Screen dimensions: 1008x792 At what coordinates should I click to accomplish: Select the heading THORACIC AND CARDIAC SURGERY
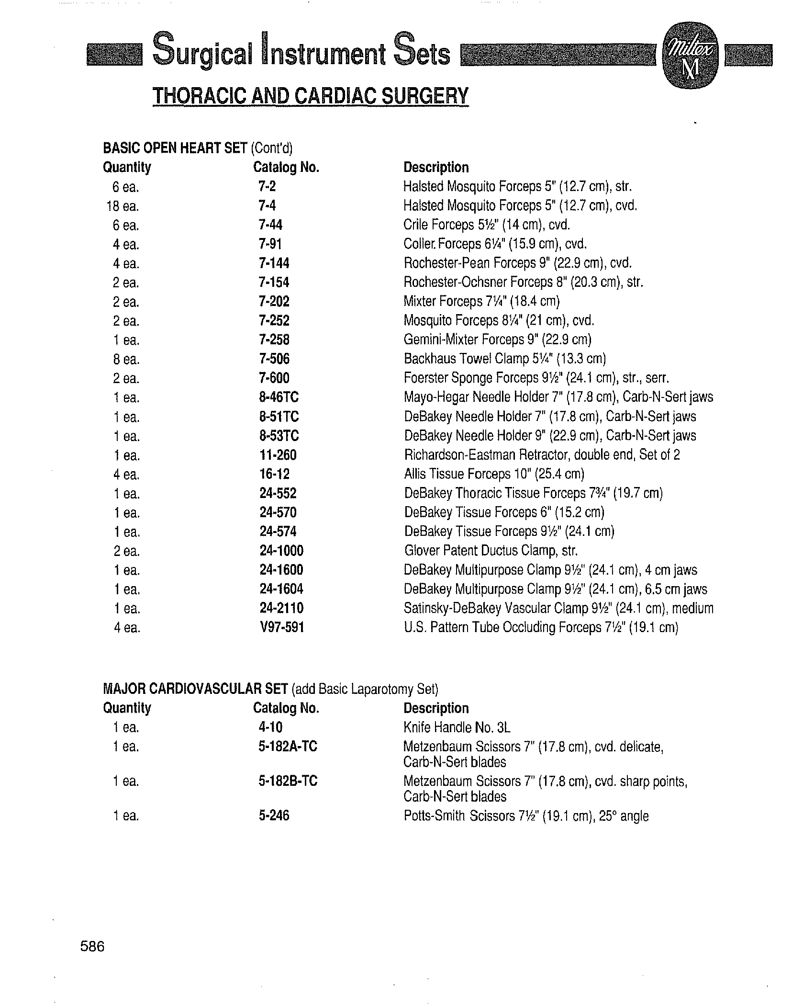pos(310,96)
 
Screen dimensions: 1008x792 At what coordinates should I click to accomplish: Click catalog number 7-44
pos(270,225)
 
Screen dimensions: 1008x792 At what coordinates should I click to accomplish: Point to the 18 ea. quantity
pos(123,206)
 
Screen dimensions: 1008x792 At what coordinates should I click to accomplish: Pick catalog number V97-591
pos(281,627)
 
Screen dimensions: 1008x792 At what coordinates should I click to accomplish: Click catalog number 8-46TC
pos(279,397)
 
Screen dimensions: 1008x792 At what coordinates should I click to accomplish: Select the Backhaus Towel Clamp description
pos(504,359)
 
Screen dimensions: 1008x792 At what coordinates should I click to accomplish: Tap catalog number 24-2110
pos(281,608)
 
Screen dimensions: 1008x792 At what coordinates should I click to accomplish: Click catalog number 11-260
pos(278,454)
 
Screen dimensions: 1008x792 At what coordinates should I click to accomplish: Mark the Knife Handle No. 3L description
pos(457,727)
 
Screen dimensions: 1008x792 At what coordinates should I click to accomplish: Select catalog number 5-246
pos(274,815)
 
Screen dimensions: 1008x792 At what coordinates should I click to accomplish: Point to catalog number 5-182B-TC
pos(288,781)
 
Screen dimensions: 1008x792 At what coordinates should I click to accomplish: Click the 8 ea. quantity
pos(126,359)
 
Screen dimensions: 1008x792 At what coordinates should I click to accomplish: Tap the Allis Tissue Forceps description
pos(494,474)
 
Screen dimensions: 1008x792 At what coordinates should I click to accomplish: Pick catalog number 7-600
pos(274,378)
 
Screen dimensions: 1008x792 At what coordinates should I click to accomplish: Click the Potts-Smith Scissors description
pos(526,815)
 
